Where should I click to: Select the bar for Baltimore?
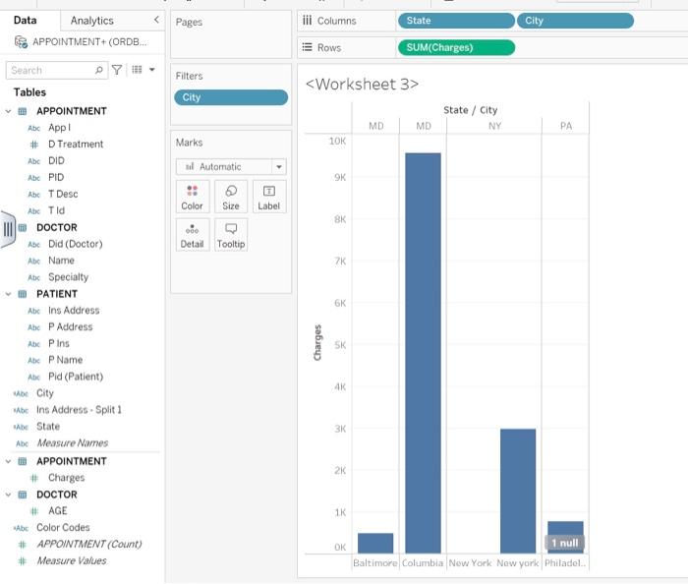click(375, 543)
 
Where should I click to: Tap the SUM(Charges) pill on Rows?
click(455, 47)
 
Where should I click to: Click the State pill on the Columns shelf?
click(455, 21)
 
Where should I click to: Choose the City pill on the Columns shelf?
click(575, 21)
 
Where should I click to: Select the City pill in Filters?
click(231, 97)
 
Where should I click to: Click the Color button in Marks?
click(193, 197)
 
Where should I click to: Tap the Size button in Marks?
click(231, 197)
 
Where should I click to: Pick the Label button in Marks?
click(268, 197)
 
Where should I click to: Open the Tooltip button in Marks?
click(231, 235)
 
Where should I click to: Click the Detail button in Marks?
click(193, 235)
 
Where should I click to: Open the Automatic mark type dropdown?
click(231, 167)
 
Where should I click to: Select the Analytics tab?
click(91, 21)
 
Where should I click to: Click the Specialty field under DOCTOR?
click(68, 277)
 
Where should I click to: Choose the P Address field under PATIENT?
click(70, 327)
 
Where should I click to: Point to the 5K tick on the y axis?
click(338, 345)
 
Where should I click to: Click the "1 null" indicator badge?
click(565, 543)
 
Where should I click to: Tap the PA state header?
click(565, 126)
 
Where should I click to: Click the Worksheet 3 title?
click(362, 85)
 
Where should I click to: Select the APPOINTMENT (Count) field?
click(88, 545)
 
